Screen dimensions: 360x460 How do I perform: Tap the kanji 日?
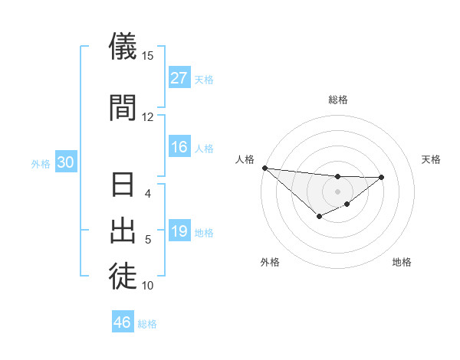click(x=123, y=186)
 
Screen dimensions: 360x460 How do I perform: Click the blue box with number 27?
click(x=179, y=78)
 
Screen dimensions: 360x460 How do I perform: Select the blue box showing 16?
click(x=179, y=147)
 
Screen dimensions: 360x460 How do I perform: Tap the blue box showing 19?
click(x=179, y=231)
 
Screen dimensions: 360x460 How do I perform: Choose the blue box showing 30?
click(x=65, y=162)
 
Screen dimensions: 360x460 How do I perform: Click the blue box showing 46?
click(x=123, y=322)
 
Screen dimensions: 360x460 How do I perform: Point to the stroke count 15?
click(x=148, y=56)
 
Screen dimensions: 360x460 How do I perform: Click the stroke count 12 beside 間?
click(x=148, y=116)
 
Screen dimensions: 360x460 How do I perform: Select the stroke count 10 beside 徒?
click(x=148, y=285)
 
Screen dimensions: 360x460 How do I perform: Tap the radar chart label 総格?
click(x=337, y=100)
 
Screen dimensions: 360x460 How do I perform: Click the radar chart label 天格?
click(x=432, y=159)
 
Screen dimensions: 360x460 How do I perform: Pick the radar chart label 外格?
click(x=270, y=262)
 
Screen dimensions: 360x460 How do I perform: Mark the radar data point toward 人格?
click(x=264, y=168)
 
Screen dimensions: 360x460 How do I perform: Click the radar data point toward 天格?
click(x=382, y=177)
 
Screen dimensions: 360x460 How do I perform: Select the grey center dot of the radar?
click(x=337, y=191)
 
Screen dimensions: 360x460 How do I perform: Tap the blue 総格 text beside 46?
click(x=147, y=324)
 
